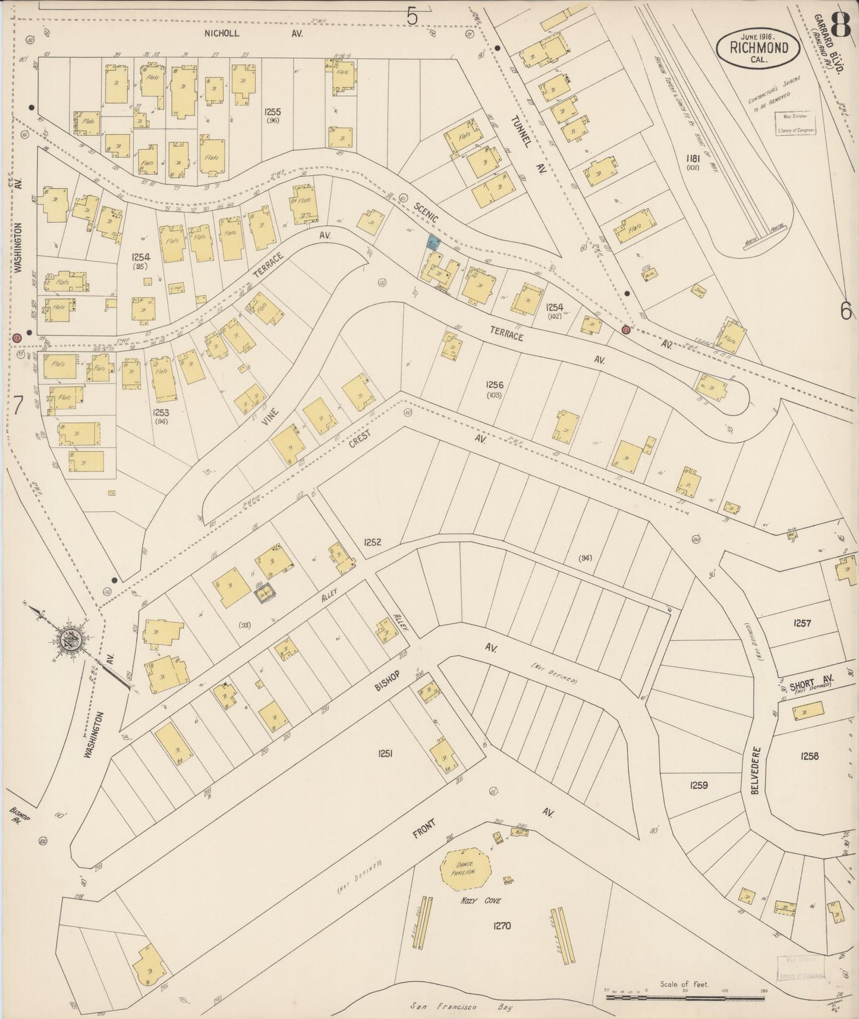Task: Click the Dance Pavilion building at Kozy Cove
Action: (465, 873)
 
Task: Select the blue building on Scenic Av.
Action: (433, 242)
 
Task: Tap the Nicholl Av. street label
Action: (253, 34)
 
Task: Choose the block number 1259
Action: (699, 785)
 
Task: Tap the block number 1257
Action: (802, 623)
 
